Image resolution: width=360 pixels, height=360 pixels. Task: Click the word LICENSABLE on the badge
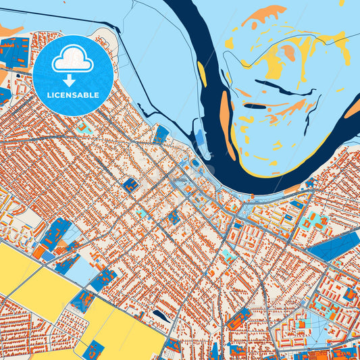point(73,95)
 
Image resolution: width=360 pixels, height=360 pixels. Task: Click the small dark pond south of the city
point(161,315)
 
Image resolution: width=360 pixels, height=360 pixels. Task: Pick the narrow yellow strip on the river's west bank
point(202,74)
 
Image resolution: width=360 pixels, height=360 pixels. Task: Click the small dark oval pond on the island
point(255,106)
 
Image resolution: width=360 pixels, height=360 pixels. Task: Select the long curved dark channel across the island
point(276,87)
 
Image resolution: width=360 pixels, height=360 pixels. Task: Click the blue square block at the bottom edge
point(93,350)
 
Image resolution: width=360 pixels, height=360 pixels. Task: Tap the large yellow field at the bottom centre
point(125,328)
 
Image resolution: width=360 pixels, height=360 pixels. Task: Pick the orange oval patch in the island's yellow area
point(289,53)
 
